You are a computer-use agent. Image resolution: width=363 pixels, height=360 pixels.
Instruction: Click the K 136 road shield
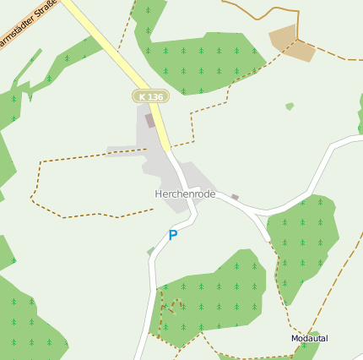click(x=150, y=97)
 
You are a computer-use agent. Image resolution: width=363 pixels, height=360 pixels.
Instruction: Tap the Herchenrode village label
click(x=185, y=194)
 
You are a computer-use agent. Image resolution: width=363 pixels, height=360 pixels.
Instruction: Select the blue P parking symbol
click(x=173, y=236)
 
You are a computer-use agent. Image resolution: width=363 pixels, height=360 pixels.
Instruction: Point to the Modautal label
click(x=309, y=338)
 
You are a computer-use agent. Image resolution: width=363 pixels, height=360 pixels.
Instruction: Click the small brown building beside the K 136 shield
click(x=150, y=121)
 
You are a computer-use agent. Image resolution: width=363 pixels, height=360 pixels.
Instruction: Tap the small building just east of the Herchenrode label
click(x=236, y=198)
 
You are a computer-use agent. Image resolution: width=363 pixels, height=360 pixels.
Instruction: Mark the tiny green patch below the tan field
click(x=290, y=106)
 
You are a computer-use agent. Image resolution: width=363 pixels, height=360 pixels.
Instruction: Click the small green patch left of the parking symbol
click(x=150, y=251)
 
